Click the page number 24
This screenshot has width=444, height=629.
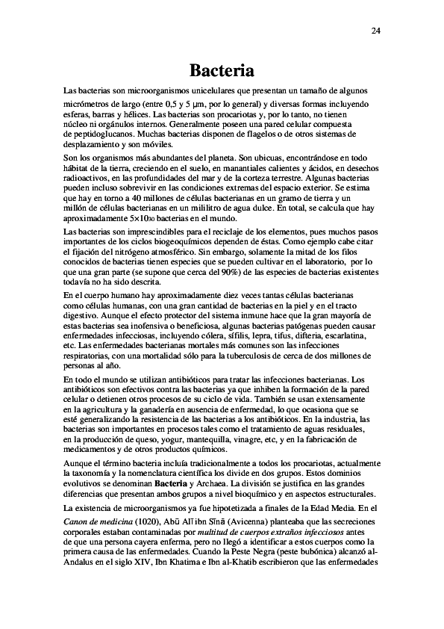[x=375, y=31]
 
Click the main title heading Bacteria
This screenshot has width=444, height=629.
[x=222, y=71]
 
